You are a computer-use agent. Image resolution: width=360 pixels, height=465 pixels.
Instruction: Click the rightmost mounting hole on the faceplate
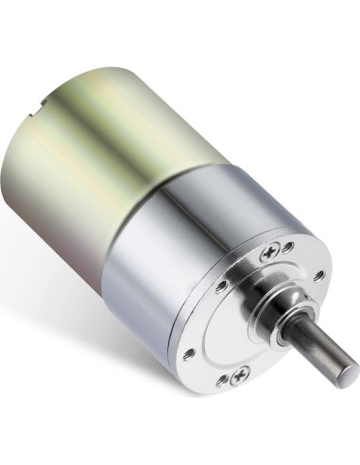(319, 275)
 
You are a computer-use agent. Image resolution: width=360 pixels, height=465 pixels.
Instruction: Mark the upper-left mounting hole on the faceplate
(219, 285)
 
